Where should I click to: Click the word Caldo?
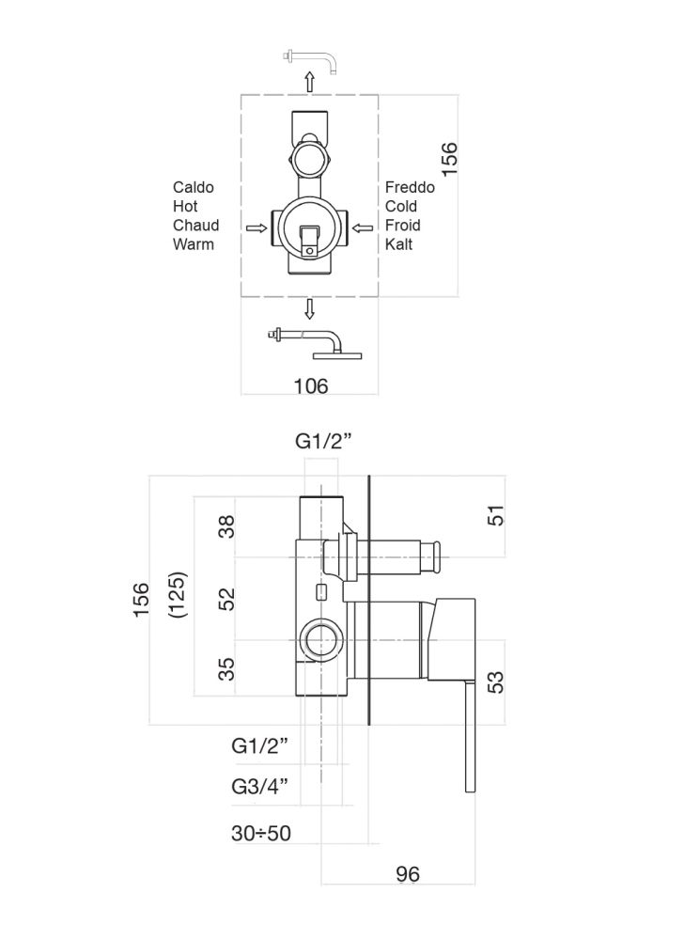point(194,188)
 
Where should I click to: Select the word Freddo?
point(410,188)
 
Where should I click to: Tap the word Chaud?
point(195,226)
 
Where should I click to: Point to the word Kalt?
point(399,244)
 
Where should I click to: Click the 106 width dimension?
point(310,386)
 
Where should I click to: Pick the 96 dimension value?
point(408,874)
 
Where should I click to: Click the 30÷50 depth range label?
point(260,833)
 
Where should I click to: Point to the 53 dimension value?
point(496,681)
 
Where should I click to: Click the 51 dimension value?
point(496,516)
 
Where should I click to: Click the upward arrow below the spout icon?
point(310,82)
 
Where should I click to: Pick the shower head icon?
point(315,342)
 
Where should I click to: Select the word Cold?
point(402,207)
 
